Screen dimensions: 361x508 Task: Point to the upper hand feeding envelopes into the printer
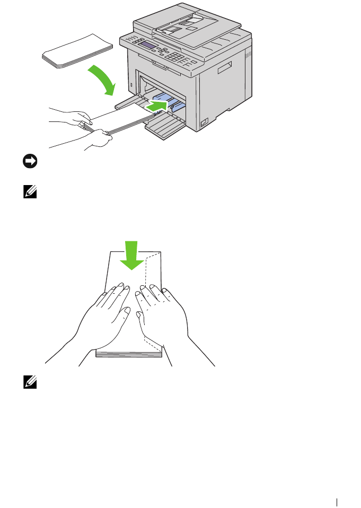pos(74,117)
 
